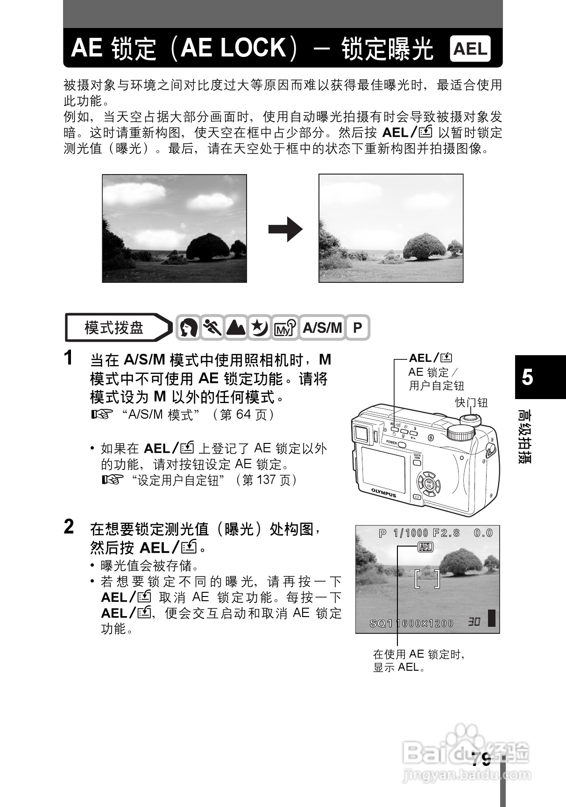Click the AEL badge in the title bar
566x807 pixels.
click(x=470, y=49)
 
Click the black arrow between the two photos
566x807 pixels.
click(x=285, y=229)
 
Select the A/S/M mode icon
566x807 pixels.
click(x=322, y=328)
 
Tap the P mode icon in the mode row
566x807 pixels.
click(x=357, y=328)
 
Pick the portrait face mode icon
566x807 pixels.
click(x=188, y=328)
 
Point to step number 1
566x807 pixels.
click(x=69, y=358)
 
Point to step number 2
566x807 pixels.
click(x=69, y=527)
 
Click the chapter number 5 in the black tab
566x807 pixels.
click(x=527, y=377)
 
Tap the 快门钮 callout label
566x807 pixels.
click(x=471, y=402)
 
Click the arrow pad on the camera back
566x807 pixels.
click(x=428, y=484)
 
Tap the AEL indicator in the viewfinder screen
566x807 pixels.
click(x=425, y=547)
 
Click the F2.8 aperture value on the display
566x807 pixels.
click(x=446, y=533)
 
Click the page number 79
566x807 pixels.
click(x=481, y=760)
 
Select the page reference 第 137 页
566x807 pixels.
click(x=267, y=480)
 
